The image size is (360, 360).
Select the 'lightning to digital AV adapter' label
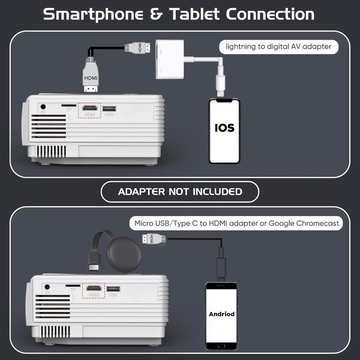[x=278, y=46]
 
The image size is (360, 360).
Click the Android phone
[x=221, y=316]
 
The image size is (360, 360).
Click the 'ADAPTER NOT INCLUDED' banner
[x=180, y=192]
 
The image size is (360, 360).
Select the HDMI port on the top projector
[x=90, y=108]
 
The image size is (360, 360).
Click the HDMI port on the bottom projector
[x=94, y=288]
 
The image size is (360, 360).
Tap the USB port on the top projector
[x=109, y=108]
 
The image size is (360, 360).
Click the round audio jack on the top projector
[x=43, y=107]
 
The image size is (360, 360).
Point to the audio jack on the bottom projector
[x=48, y=287]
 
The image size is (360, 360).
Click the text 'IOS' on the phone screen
[x=224, y=128]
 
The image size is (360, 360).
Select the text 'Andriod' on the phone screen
[x=221, y=314]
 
